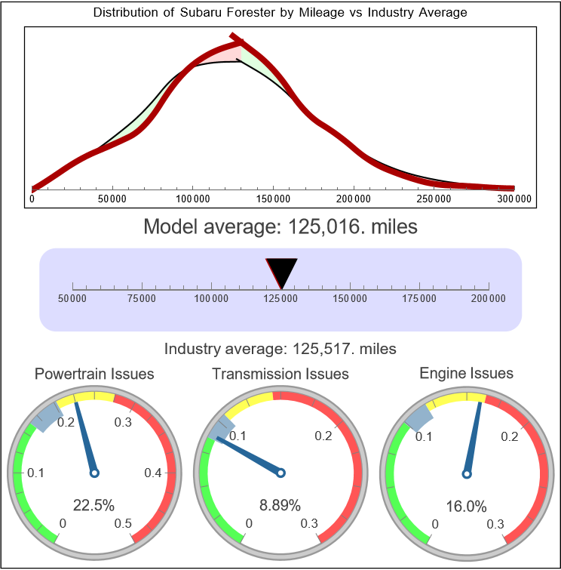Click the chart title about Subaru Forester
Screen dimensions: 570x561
click(x=280, y=13)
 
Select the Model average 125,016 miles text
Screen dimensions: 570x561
click(x=280, y=226)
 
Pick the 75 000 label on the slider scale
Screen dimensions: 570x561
click(x=142, y=299)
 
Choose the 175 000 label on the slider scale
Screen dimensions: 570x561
click(x=419, y=299)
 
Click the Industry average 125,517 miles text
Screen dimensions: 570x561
click(x=280, y=349)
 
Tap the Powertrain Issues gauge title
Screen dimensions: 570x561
click(x=94, y=374)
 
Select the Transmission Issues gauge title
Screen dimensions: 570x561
click(x=280, y=374)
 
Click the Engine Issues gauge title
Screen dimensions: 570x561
click(x=466, y=373)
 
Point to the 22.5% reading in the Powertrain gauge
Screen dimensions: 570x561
click(x=94, y=505)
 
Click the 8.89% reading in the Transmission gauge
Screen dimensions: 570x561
click(x=280, y=505)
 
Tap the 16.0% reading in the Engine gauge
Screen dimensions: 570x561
click(x=466, y=505)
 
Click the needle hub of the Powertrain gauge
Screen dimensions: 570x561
click(x=94, y=473)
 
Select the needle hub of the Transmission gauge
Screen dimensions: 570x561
click(x=280, y=473)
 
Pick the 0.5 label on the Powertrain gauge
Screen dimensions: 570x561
click(x=124, y=524)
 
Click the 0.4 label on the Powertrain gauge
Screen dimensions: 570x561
click(x=154, y=473)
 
